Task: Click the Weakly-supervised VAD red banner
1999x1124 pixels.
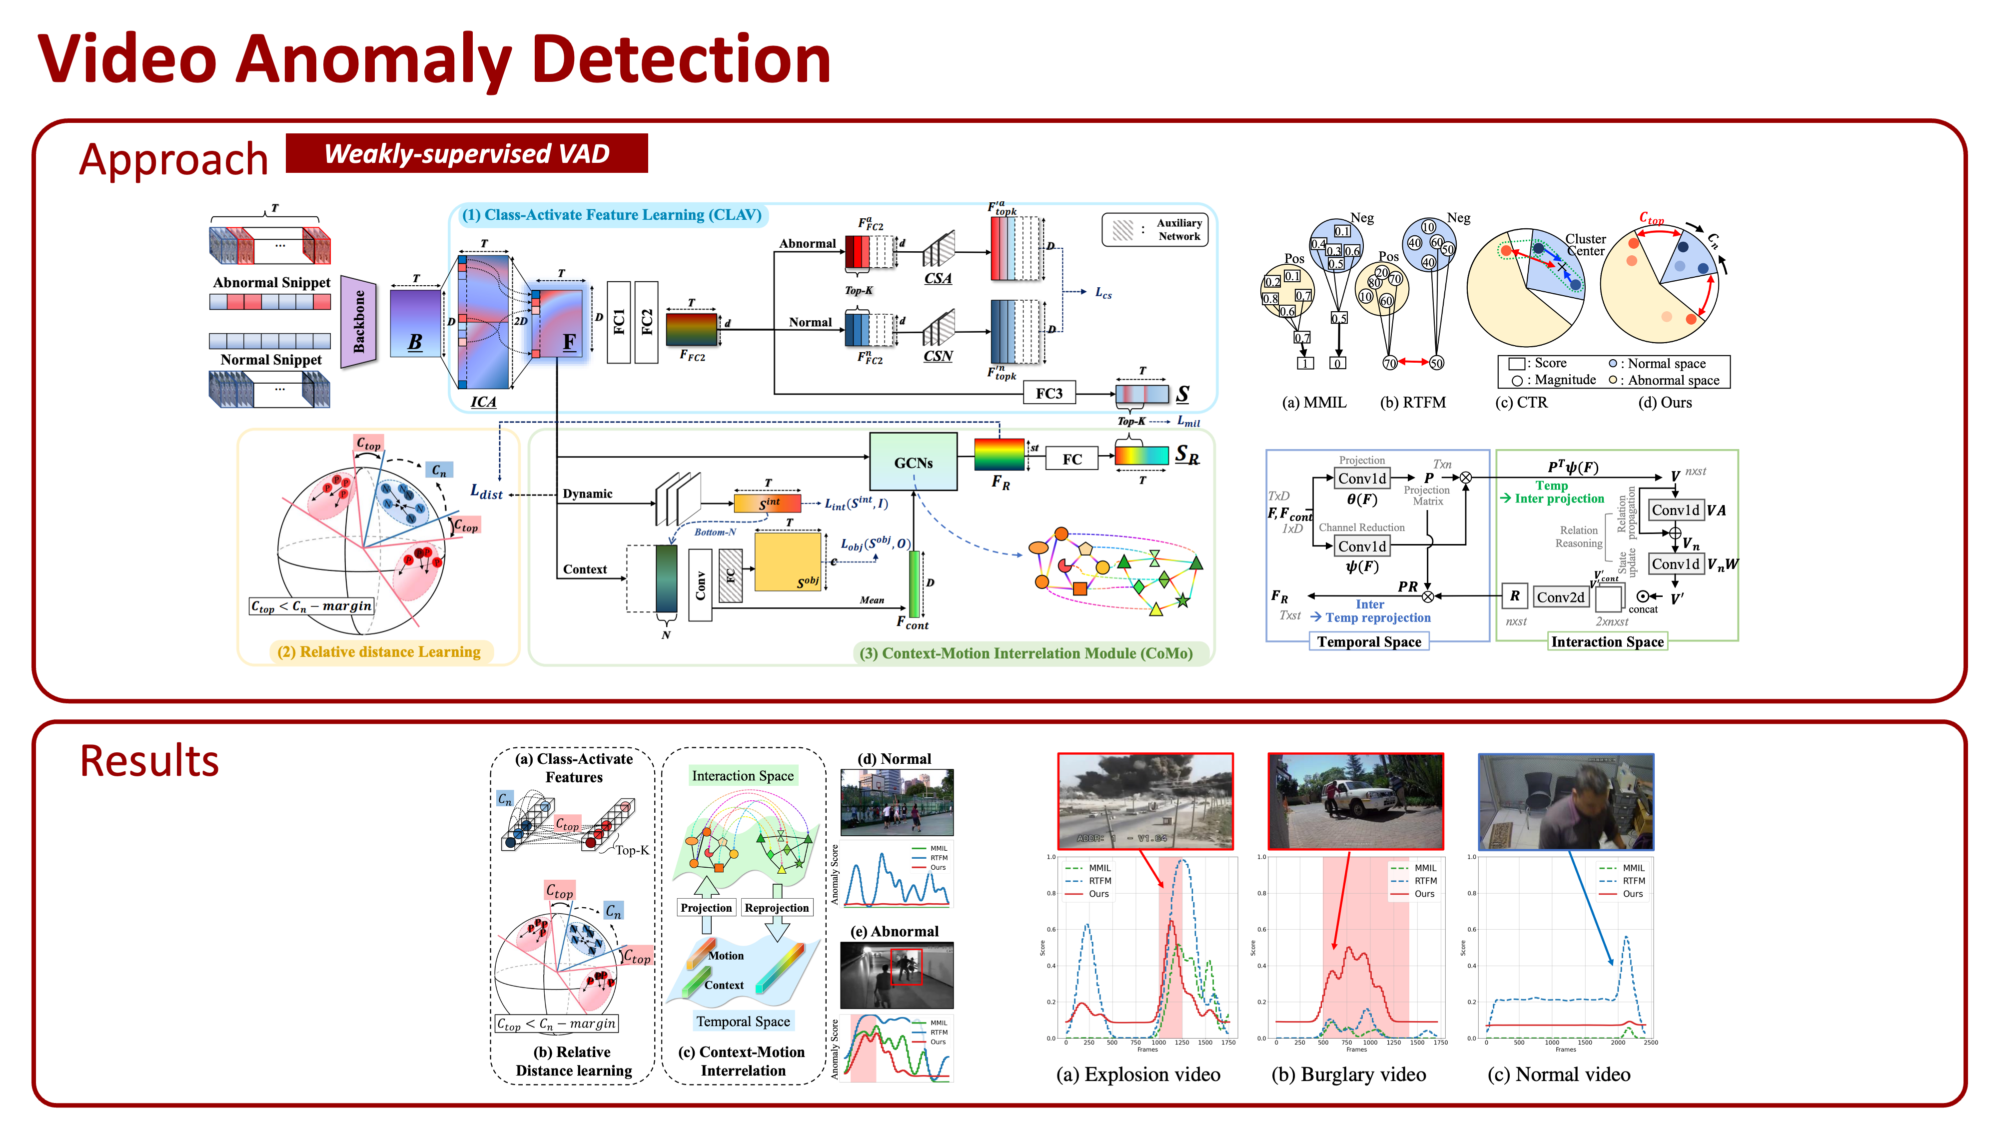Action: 466,153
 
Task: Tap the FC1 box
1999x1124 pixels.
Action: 619,322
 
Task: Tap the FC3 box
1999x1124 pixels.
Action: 1048,393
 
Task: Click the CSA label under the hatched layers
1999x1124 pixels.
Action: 938,278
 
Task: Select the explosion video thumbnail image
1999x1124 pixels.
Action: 1145,801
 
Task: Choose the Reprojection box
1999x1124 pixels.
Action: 776,908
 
